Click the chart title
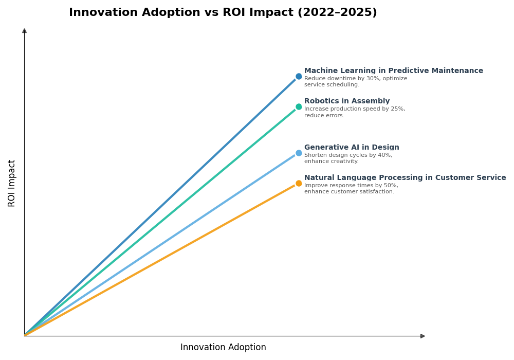(x=223, y=13)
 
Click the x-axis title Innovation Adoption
(x=223, y=348)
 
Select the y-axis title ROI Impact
(x=12, y=183)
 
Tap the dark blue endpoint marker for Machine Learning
(x=299, y=77)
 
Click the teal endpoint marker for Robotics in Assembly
(x=299, y=107)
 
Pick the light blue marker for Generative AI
(x=299, y=153)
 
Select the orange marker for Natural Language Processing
(x=299, y=184)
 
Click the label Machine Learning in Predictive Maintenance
(x=393, y=71)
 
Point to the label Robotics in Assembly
(x=347, y=101)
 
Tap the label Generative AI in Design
(x=352, y=148)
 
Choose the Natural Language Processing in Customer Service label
(x=405, y=178)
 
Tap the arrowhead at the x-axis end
(x=423, y=336)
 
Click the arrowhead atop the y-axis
(x=24, y=31)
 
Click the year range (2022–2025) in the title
(x=337, y=13)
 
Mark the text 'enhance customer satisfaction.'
(x=349, y=192)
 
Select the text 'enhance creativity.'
(x=332, y=161)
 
